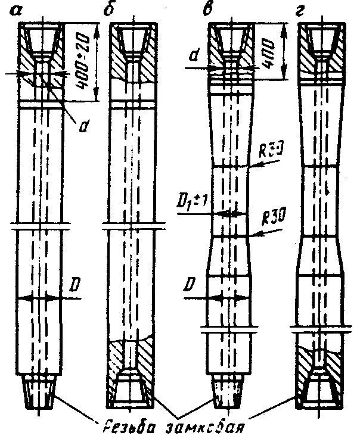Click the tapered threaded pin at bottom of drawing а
pyautogui.click(x=39, y=393)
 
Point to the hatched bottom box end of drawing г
pyautogui.click(x=319, y=375)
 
